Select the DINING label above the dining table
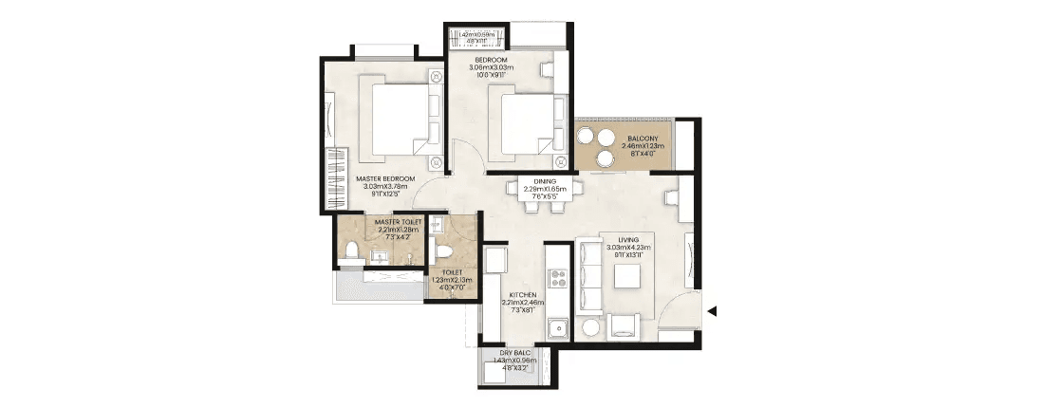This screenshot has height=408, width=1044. point(546,180)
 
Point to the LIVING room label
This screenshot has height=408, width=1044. point(628,241)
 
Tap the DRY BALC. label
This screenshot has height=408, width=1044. point(513,353)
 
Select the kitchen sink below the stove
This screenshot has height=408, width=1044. point(557,328)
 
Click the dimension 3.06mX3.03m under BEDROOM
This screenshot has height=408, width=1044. point(493,68)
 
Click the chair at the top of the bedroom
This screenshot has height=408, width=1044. point(548,70)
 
